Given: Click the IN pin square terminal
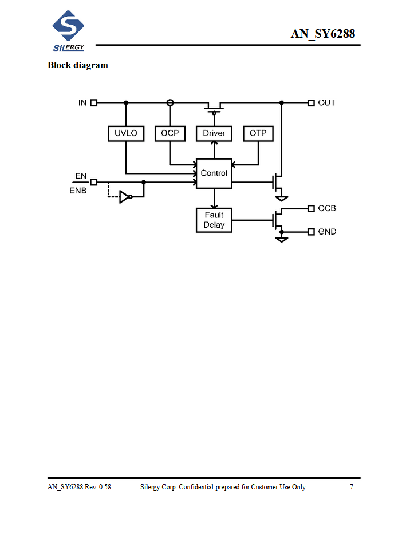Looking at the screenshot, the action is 94,102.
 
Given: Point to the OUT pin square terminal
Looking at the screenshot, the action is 311,102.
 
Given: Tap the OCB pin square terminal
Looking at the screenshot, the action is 311,208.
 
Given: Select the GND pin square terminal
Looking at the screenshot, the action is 311,232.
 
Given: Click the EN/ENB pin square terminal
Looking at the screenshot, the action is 94,182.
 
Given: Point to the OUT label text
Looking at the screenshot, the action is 327,102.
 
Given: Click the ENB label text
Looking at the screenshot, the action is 78,191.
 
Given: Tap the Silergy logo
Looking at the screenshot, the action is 68,31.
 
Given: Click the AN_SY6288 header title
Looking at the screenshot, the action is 323,34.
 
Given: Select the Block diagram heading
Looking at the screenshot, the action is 78,65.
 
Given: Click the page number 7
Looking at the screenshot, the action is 352,487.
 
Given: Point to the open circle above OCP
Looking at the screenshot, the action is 170,102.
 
